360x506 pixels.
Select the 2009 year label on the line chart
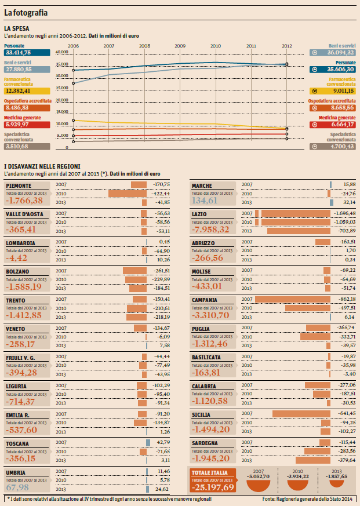pyautogui.click(x=180, y=45)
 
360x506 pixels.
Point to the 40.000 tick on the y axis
pyautogui.click(x=62, y=52)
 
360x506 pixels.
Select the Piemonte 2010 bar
pyautogui.click(x=128, y=194)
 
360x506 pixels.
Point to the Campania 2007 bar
pyautogui.click(x=292, y=299)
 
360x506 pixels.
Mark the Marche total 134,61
pyautogui.click(x=205, y=201)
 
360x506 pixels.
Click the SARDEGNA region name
pyautogui.click(x=205, y=443)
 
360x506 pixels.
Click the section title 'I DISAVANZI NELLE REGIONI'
pyautogui.click(x=46, y=167)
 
